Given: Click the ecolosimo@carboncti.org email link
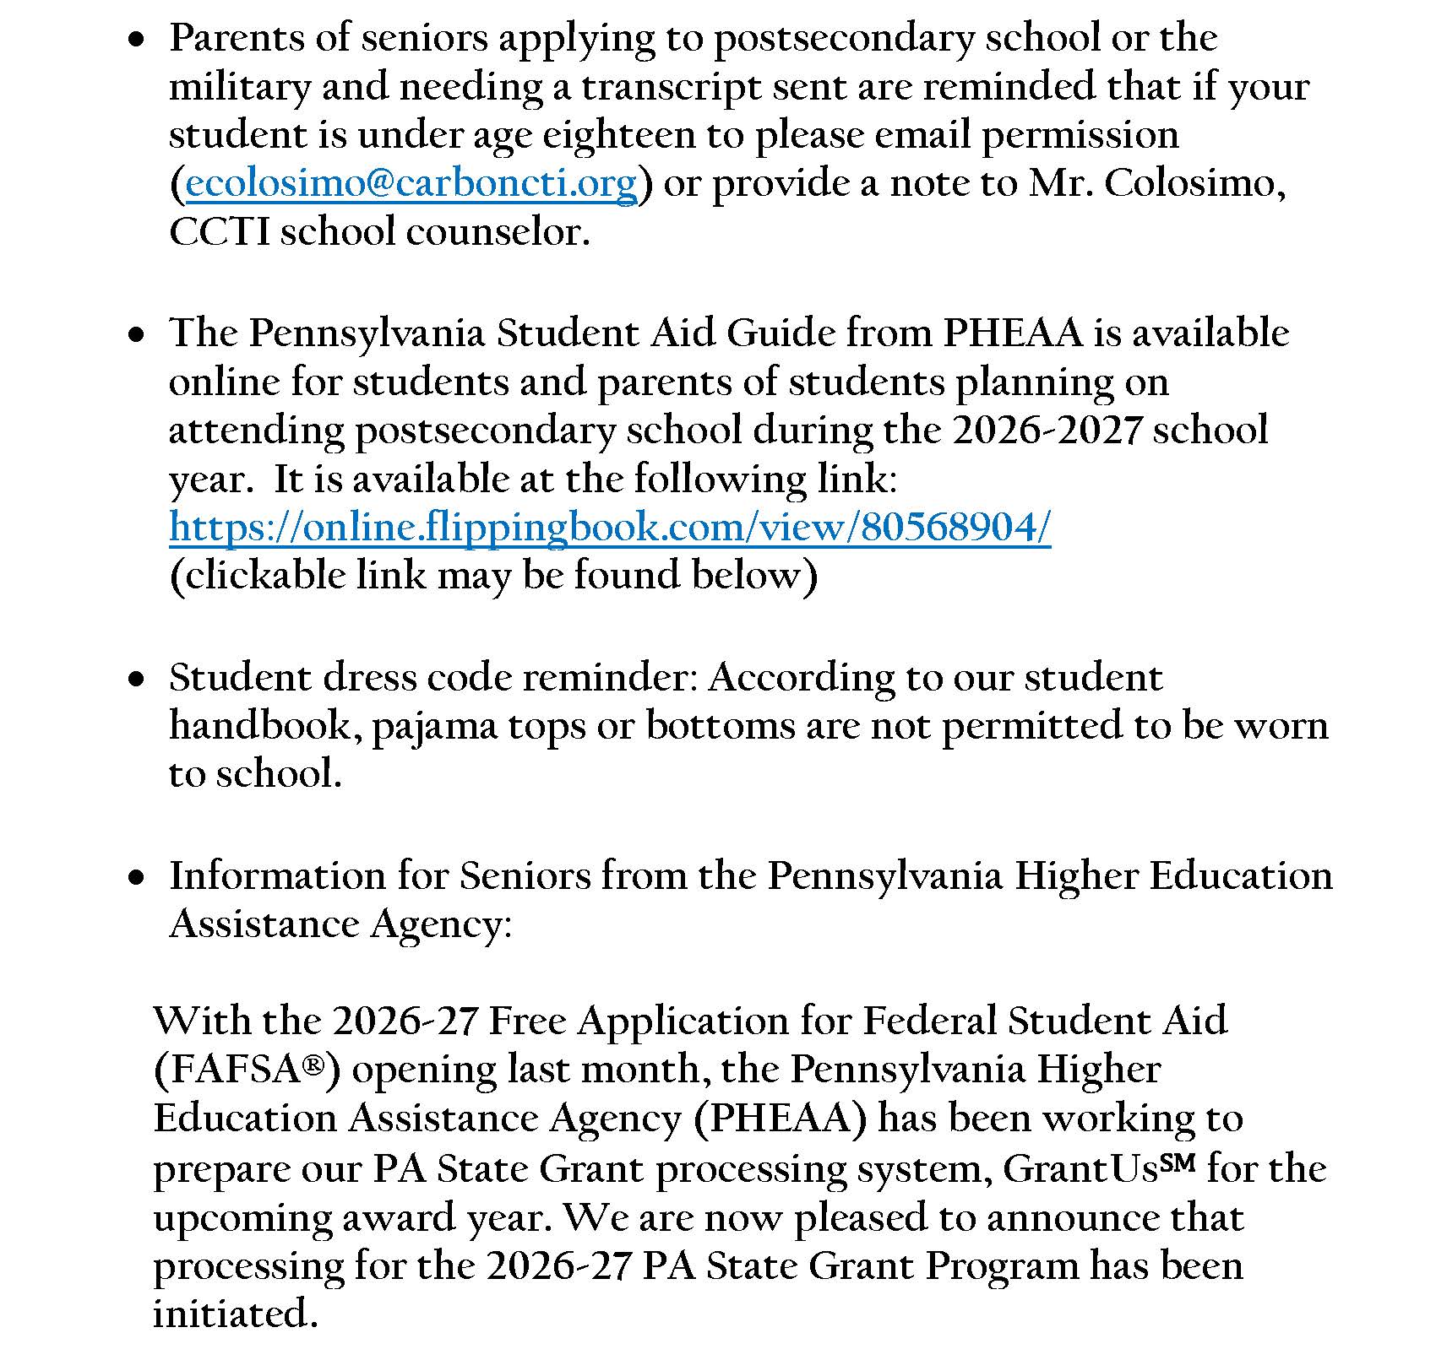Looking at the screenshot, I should [x=411, y=184].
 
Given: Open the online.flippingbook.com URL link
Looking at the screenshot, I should [x=610, y=528].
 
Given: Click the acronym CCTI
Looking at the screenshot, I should [x=219, y=232].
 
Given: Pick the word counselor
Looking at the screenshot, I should [x=498, y=232].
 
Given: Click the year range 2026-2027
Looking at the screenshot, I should [x=1047, y=430].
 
